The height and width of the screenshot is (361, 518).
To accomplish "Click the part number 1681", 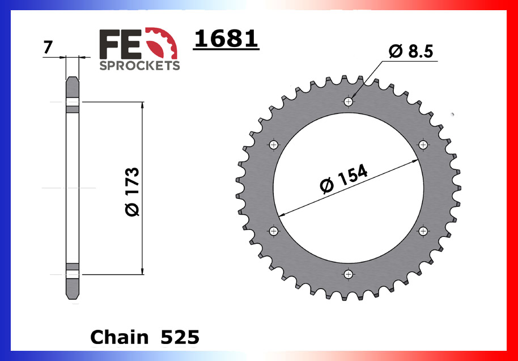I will [x=226, y=39].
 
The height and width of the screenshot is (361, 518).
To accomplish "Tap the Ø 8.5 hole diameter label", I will [x=410, y=52].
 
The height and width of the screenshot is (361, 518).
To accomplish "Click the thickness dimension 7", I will [x=48, y=48].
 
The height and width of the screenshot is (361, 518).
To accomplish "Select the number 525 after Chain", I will [x=180, y=338].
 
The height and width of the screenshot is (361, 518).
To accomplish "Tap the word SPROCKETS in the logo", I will [x=139, y=65].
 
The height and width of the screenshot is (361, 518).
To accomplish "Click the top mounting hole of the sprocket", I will [x=348, y=102].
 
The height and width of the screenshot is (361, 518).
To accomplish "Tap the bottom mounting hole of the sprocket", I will [x=348, y=274].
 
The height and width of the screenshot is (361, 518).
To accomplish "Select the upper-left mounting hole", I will [x=274, y=145].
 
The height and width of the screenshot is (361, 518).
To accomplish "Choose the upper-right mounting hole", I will [x=423, y=145].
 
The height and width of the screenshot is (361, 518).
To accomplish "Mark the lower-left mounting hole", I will [x=274, y=231].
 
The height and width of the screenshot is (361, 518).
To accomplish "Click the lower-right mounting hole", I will [x=423, y=231].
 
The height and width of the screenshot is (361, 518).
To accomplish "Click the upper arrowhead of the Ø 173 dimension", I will [x=142, y=105].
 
